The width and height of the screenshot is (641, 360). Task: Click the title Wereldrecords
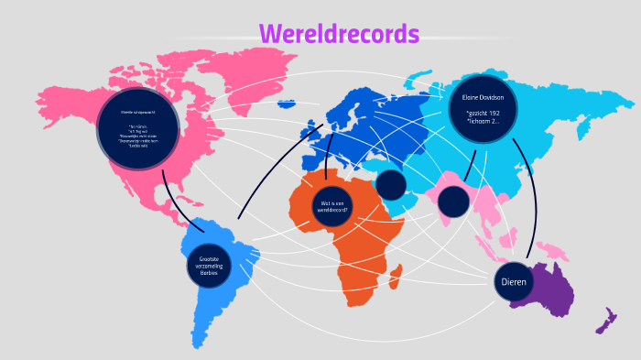pyautogui.click(x=339, y=34)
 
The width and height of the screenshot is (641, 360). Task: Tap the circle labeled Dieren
pyautogui.click(x=513, y=281)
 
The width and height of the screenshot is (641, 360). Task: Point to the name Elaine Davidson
pyautogui.click(x=483, y=96)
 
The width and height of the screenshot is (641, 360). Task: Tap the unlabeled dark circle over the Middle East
pyautogui.click(x=391, y=184)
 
